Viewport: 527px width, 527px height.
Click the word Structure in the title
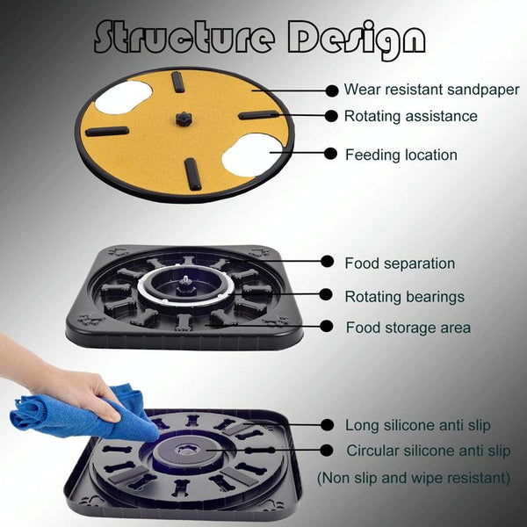tap(184, 37)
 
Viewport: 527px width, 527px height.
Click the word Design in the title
tap(357, 40)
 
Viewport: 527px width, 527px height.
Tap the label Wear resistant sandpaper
tap(431, 90)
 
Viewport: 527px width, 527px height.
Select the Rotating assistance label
tap(411, 116)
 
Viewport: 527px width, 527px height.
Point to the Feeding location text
tap(401, 155)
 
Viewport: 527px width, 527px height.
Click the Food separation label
tap(400, 263)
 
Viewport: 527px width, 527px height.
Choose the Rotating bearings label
tap(405, 297)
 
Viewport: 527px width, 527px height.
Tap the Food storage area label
tap(408, 328)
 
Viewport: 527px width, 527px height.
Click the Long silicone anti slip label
tap(418, 425)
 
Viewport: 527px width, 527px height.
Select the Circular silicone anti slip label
tap(429, 451)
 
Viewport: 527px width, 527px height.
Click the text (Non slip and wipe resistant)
tap(414, 478)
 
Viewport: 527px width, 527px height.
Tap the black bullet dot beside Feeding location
tap(331, 154)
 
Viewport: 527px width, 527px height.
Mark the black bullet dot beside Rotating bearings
tap(326, 294)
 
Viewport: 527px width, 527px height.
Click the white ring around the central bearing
tap(185, 302)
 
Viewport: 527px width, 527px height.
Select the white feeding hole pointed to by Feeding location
tap(252, 155)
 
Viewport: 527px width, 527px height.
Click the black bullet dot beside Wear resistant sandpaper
tap(332, 90)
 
